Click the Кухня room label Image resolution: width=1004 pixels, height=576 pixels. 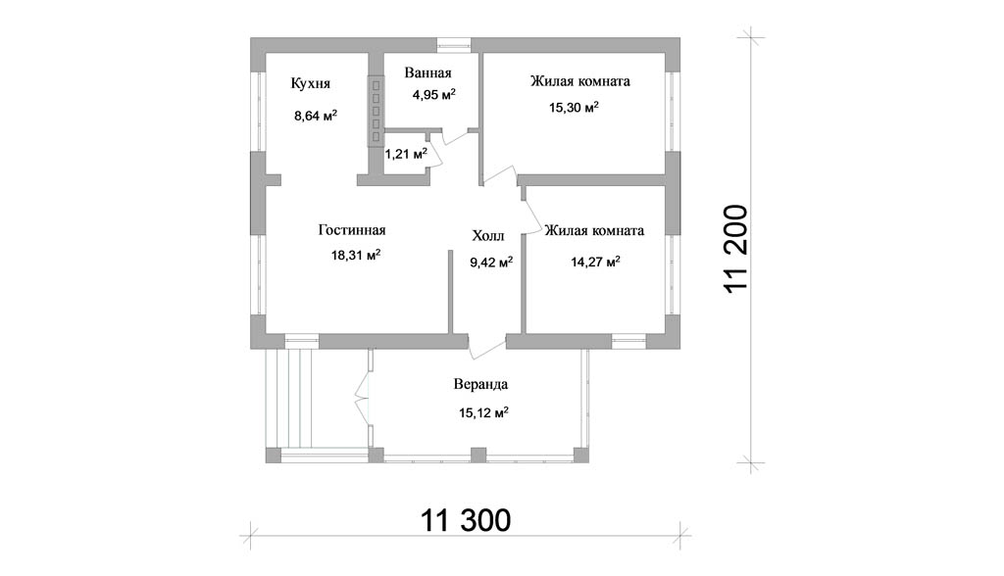(x=311, y=84)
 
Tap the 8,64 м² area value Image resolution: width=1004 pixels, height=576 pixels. (x=316, y=116)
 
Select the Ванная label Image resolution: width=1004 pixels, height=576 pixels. (x=427, y=72)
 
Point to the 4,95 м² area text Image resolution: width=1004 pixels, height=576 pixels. (x=434, y=95)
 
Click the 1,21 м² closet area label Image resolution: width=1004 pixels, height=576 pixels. (x=405, y=154)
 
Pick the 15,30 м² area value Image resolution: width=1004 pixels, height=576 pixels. (x=574, y=107)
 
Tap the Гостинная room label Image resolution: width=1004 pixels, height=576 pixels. (x=352, y=230)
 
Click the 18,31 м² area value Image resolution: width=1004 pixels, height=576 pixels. (x=356, y=256)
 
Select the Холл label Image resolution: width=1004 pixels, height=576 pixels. (x=488, y=236)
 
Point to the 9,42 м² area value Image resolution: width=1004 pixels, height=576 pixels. (x=491, y=262)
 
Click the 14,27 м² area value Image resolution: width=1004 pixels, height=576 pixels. (x=595, y=262)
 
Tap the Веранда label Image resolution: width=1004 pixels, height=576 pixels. (x=480, y=385)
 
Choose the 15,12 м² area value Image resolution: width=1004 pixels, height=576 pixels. (x=483, y=412)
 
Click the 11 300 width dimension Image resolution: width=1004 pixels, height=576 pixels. (x=466, y=520)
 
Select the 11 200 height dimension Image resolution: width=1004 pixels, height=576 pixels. (x=735, y=250)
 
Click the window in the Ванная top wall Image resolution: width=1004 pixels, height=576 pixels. (x=454, y=43)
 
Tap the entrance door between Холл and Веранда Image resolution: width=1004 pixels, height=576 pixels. (x=488, y=345)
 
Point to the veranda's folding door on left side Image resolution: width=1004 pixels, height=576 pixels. (x=364, y=391)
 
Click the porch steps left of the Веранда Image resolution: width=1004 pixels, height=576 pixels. (x=296, y=399)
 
